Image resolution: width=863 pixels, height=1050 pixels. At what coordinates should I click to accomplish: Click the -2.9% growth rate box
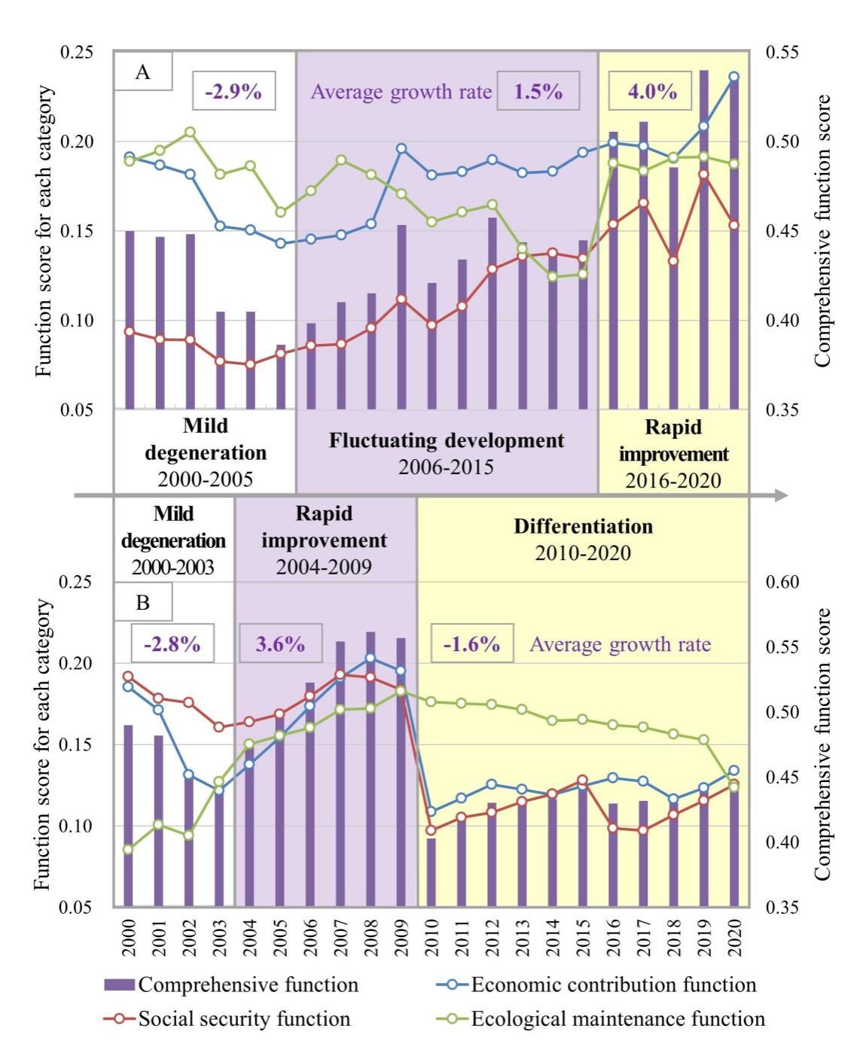pos(233,91)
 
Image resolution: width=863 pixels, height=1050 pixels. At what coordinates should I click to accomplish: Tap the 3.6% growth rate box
pos(280,644)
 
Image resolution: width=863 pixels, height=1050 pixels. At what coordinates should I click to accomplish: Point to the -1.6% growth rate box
pos(471,644)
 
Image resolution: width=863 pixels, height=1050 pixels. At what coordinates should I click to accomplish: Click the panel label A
pos(142,72)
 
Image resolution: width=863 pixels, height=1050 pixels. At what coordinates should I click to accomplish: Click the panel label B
pos(142,602)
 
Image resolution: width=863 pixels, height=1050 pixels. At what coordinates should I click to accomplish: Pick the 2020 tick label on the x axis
pos(734,937)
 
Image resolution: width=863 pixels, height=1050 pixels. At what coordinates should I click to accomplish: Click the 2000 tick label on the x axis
pos(129,937)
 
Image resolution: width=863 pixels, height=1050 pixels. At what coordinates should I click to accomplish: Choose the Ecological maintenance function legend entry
pos(618,1019)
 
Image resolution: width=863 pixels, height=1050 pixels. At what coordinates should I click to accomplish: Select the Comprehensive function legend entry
pos(248,985)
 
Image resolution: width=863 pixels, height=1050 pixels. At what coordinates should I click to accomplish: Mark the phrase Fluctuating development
pos(446,440)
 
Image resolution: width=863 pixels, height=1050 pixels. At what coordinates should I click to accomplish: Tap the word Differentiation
pos(583,526)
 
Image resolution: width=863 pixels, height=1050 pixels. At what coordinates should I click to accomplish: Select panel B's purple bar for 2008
pos(371,768)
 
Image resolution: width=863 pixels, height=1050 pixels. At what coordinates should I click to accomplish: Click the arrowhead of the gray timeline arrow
pos(782,495)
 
